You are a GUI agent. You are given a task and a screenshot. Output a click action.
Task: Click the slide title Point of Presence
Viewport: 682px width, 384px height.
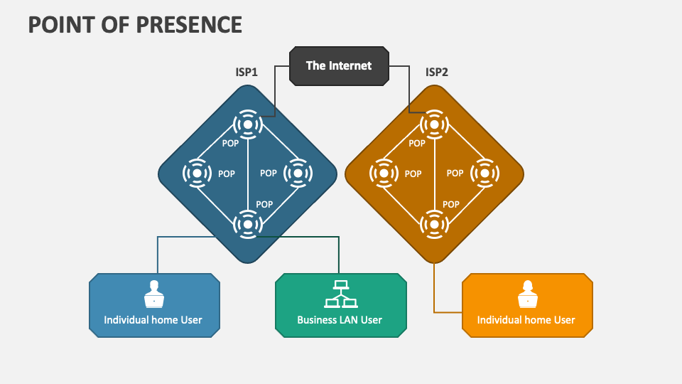pos(135,24)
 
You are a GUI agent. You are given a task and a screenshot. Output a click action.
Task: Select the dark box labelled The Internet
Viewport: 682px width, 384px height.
pos(339,66)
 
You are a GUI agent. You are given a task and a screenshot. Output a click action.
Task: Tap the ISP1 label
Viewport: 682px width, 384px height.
pos(247,72)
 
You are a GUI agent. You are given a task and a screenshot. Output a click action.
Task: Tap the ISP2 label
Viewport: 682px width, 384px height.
pos(436,72)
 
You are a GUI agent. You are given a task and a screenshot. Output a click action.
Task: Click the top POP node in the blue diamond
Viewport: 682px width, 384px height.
pos(248,125)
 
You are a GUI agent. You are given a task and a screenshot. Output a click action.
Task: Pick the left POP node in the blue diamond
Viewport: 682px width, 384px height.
pos(197,173)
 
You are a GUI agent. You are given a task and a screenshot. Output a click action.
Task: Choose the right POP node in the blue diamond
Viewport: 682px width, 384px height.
pos(298,173)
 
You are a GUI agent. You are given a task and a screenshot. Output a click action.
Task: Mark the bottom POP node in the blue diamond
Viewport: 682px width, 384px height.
pos(248,224)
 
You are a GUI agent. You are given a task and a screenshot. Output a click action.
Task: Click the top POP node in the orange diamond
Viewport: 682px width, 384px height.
pos(434,125)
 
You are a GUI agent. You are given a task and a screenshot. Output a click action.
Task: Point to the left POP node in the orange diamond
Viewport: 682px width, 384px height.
pos(384,173)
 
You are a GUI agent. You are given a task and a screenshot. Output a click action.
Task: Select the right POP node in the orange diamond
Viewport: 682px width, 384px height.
pos(485,173)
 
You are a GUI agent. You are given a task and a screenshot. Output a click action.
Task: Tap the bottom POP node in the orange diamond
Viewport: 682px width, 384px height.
pos(434,224)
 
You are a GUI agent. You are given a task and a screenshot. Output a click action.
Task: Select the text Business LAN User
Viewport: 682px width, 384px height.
pos(340,320)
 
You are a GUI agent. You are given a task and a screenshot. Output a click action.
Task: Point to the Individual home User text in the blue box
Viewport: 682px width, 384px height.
pos(153,320)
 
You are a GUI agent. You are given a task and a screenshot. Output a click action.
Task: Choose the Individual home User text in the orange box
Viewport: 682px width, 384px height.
pos(526,320)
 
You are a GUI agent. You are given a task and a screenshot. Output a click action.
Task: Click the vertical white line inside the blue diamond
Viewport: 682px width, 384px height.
pos(248,175)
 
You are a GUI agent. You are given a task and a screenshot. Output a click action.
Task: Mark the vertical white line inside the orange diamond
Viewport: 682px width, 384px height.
pos(434,175)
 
